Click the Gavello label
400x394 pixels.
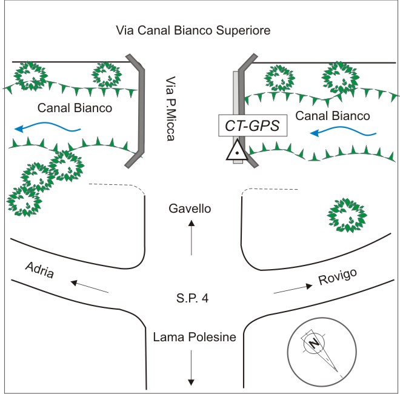[190, 209]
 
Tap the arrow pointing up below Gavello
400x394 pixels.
[192, 238]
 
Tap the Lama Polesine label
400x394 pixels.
[190, 337]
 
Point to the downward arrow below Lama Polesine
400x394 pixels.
[192, 367]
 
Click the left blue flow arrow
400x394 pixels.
[48, 127]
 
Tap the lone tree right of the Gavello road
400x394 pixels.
[346, 215]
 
